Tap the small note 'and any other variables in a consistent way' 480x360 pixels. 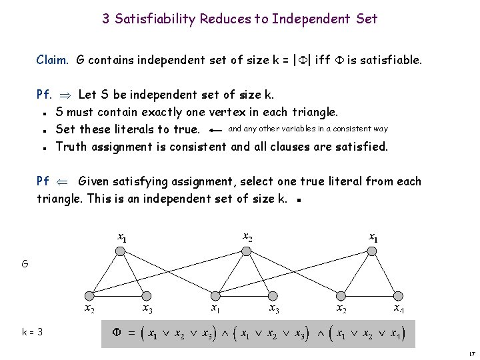click(307, 128)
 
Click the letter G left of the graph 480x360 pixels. click(25, 264)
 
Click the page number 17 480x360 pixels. click(471, 353)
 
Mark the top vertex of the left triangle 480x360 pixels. click(121, 251)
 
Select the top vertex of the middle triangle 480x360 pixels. click(247, 251)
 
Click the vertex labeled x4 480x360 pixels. click(398, 295)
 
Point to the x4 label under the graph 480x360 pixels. click(398, 309)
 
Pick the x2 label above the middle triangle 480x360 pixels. click(247, 236)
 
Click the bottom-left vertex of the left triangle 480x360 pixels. click(89, 295)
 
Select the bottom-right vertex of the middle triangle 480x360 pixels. click(272, 295)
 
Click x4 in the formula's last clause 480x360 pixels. click(395, 333)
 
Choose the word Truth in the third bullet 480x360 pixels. click(72, 147)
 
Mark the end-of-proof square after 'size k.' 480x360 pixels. click(301, 199)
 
